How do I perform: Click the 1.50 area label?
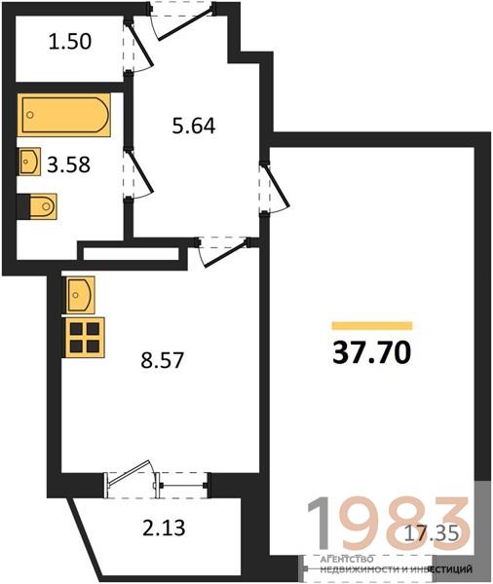[x=70, y=41]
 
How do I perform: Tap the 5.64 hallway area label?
[x=194, y=126]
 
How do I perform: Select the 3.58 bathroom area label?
[x=68, y=164]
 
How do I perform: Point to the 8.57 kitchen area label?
[x=162, y=360]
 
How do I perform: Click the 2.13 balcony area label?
[x=164, y=528]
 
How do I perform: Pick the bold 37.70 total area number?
[x=372, y=352]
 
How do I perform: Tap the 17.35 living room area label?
[x=431, y=532]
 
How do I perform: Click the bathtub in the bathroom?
[x=64, y=115]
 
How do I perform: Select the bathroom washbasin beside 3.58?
[x=29, y=162]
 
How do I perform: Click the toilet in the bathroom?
[x=37, y=206]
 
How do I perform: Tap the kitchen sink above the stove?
[x=80, y=295]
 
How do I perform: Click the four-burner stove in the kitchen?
[x=85, y=338]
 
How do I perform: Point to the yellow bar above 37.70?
[x=372, y=325]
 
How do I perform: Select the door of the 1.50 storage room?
[x=138, y=46]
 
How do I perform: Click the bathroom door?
[x=138, y=174]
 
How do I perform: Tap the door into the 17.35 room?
[x=275, y=188]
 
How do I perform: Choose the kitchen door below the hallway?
[x=224, y=252]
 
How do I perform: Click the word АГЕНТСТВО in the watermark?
[x=347, y=559]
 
